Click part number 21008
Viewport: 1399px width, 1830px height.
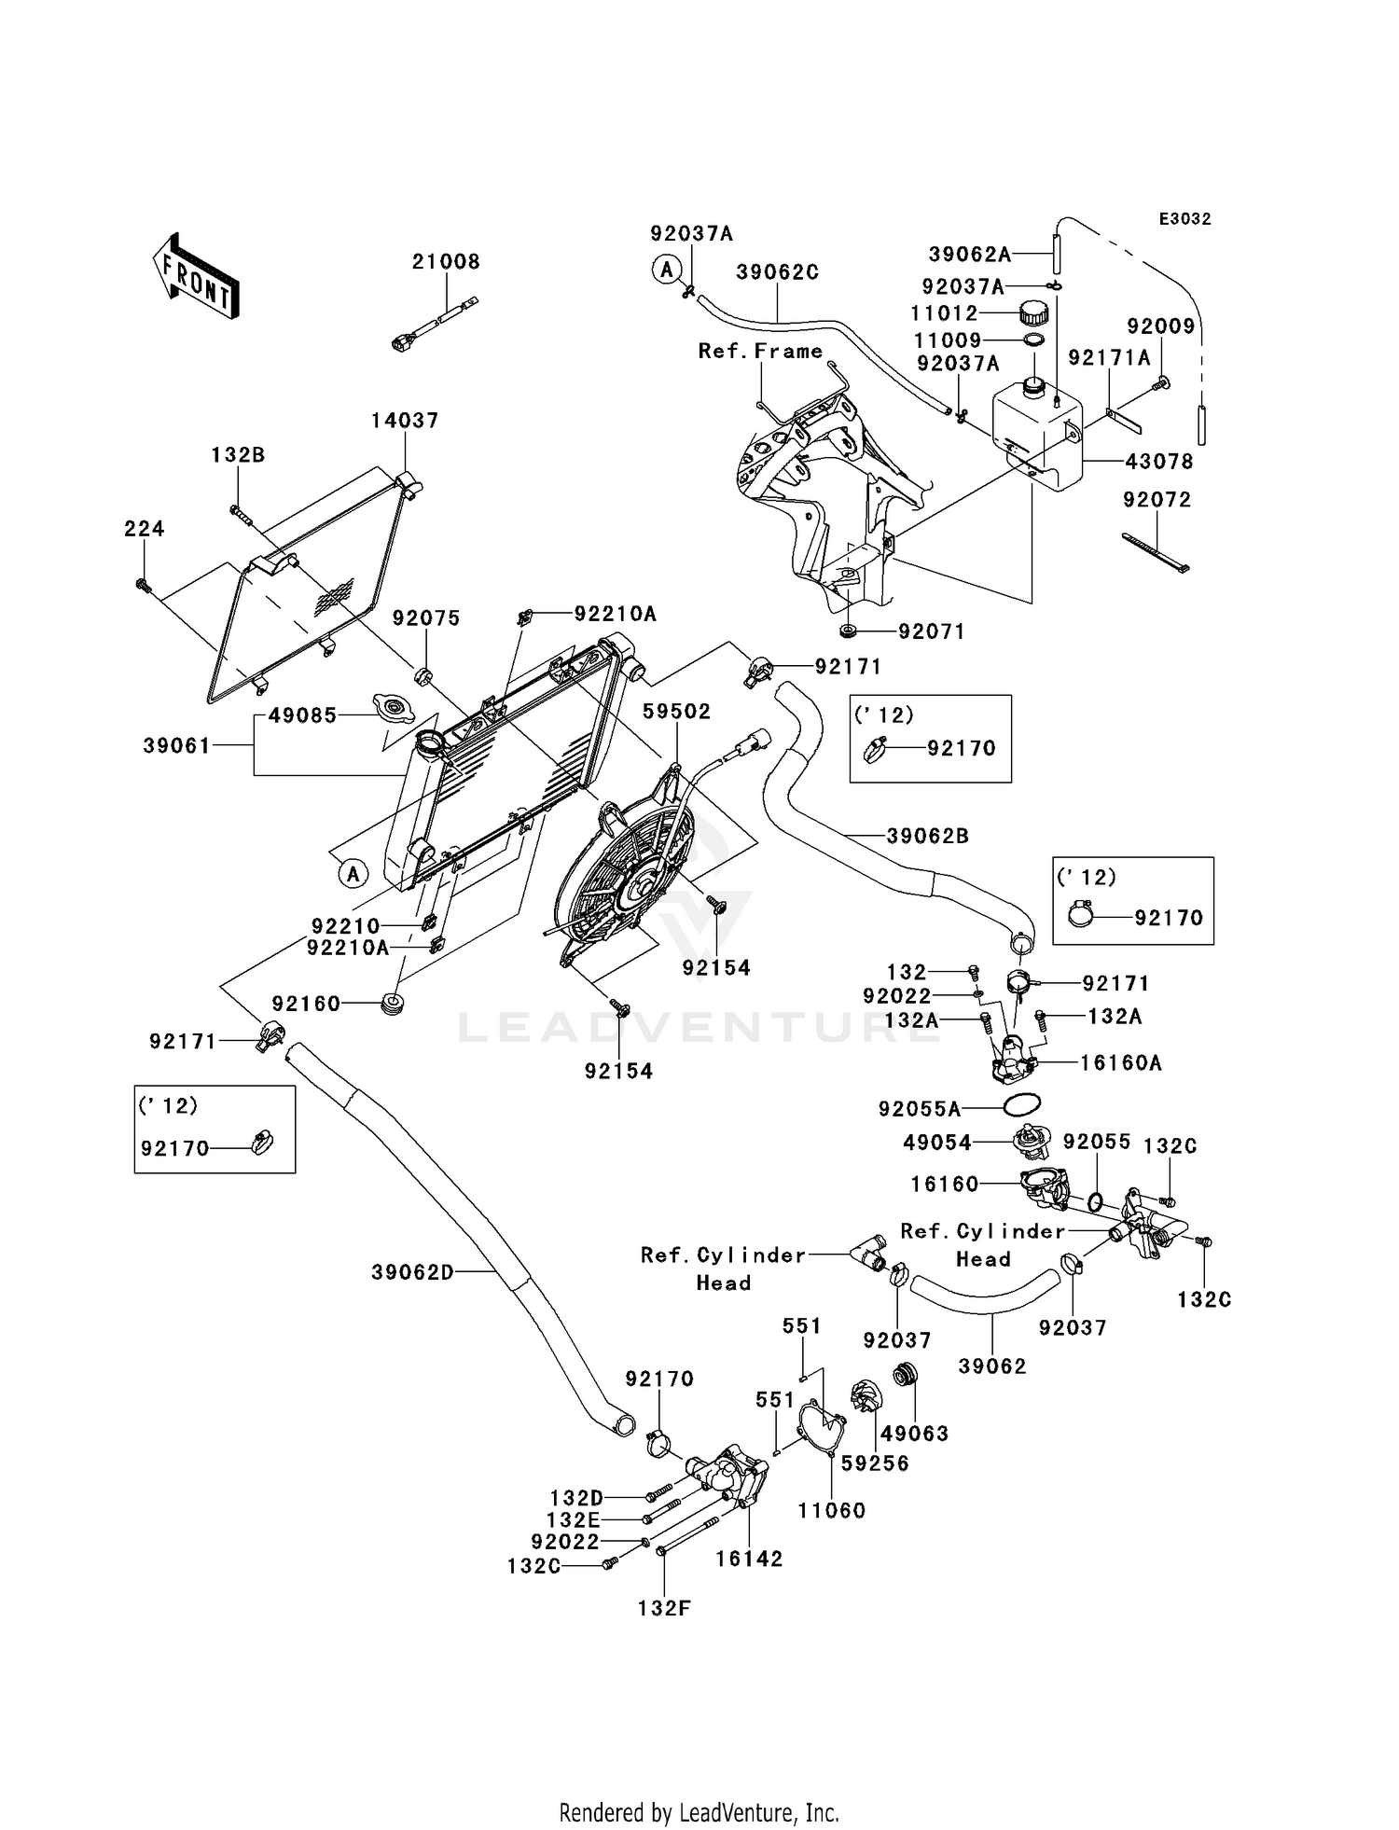click(446, 262)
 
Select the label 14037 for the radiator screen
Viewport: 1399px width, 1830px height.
click(405, 421)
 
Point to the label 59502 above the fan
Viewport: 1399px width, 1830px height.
click(677, 712)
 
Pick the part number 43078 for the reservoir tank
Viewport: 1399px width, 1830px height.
click(1159, 462)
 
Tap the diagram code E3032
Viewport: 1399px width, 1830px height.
click(1185, 219)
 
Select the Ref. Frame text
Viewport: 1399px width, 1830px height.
click(761, 351)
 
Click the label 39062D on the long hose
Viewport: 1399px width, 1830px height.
click(412, 1272)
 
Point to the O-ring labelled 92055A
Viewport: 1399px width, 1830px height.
click(1022, 1104)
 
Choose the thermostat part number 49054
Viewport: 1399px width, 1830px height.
click(937, 1143)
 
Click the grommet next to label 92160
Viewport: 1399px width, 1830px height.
click(393, 1005)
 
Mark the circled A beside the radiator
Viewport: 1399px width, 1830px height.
click(353, 874)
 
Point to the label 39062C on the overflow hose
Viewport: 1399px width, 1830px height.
click(778, 272)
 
